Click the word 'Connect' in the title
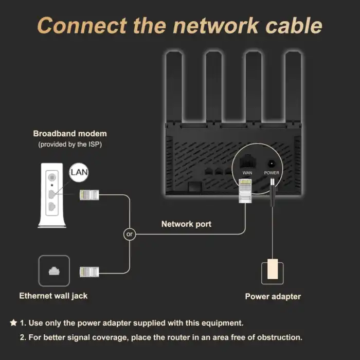(82, 26)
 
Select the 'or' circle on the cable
(129, 234)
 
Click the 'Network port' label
(186, 224)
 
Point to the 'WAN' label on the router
(247, 173)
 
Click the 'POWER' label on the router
(272, 173)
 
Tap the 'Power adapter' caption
(273, 296)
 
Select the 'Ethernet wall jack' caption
(53, 296)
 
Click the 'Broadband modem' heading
(70, 134)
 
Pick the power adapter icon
(272, 271)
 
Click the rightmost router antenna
(293, 87)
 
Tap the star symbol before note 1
(13, 323)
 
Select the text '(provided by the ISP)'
(70, 145)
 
